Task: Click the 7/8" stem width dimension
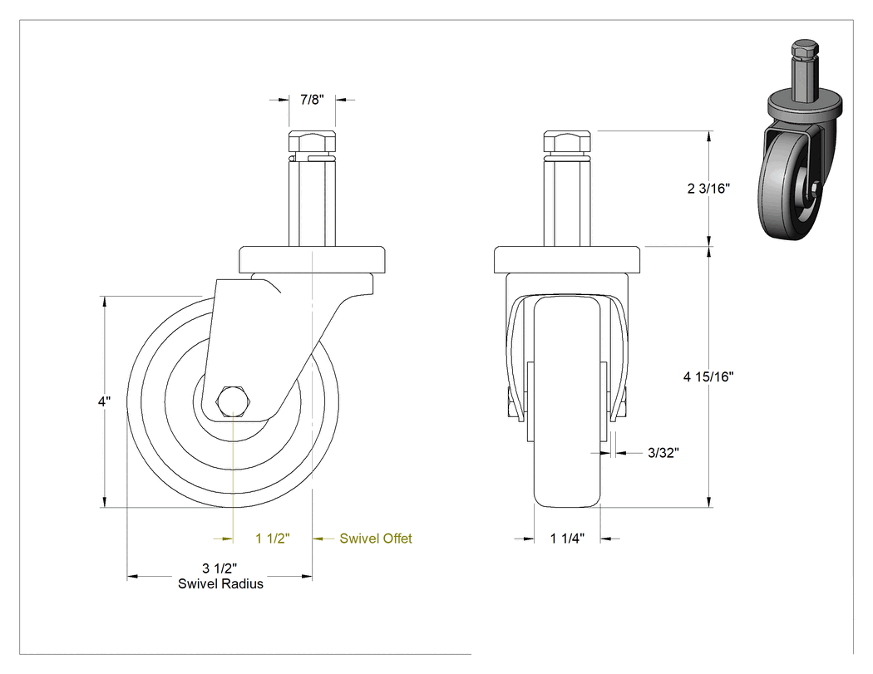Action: (x=312, y=100)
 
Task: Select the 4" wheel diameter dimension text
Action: (x=104, y=401)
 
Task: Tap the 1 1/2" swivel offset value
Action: (x=273, y=539)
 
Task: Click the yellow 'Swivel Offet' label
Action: (x=376, y=539)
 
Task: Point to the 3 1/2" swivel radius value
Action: (x=219, y=568)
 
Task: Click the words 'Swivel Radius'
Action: (x=220, y=584)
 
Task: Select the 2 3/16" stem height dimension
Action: (x=708, y=188)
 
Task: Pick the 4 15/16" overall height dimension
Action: (x=708, y=376)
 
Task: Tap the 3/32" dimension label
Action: (x=663, y=453)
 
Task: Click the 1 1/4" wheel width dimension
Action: (x=567, y=539)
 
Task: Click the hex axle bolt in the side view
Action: (x=233, y=401)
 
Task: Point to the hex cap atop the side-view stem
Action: (x=312, y=142)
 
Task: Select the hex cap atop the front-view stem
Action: (x=567, y=142)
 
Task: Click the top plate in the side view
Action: (x=312, y=259)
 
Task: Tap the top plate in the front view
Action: (x=567, y=259)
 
